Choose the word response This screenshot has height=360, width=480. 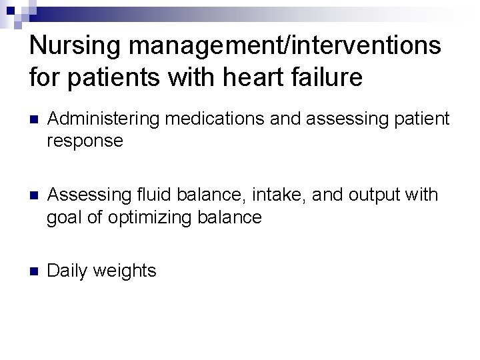click(x=85, y=141)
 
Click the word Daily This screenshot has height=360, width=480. click(x=69, y=271)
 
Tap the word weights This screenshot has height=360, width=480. click(x=125, y=271)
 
